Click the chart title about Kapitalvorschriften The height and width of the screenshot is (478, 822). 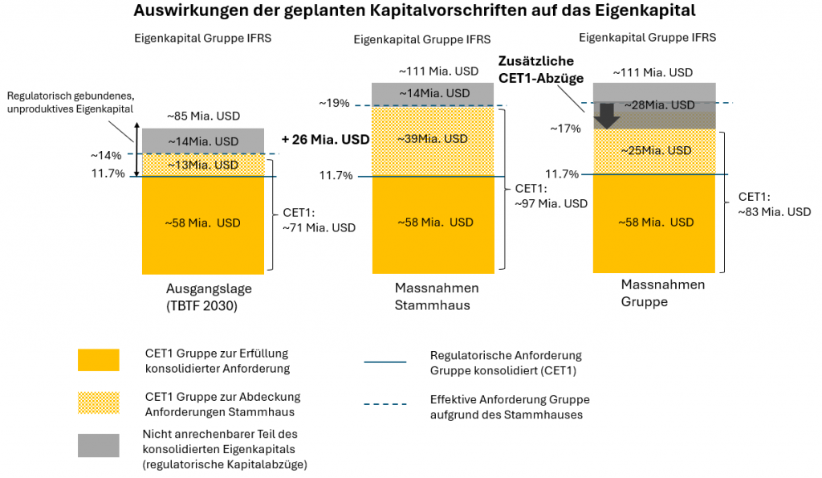click(x=413, y=11)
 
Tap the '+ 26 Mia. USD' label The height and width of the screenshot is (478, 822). click(x=325, y=139)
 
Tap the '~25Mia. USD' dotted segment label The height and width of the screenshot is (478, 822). click(x=652, y=149)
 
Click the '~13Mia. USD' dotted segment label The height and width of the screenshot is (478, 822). click(x=201, y=165)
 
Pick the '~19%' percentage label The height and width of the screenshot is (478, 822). click(x=334, y=103)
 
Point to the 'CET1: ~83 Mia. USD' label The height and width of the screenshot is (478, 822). click(x=774, y=204)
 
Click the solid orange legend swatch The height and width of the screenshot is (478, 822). click(x=98, y=360)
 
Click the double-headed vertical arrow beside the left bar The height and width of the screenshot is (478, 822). click(x=136, y=149)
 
